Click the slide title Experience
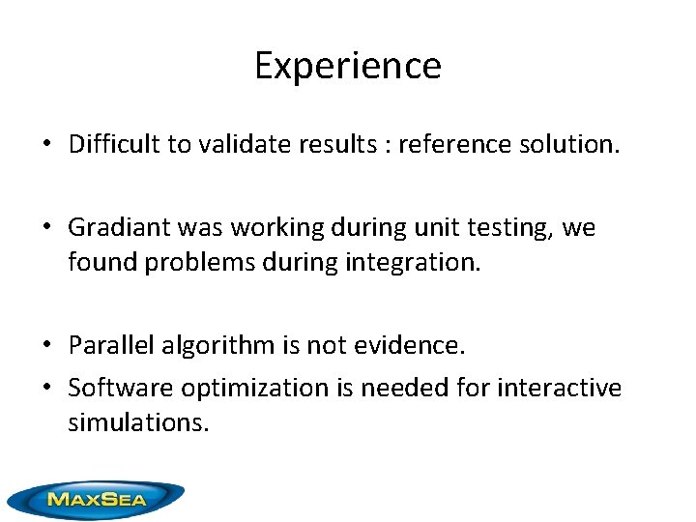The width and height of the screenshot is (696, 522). (x=348, y=66)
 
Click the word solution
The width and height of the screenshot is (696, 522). (x=569, y=145)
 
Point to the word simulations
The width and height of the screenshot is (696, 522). (x=137, y=421)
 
